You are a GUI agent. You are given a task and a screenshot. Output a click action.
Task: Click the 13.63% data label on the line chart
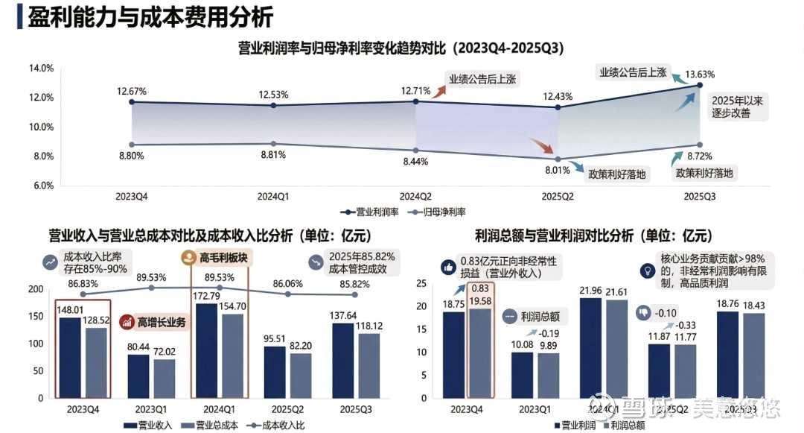(700, 75)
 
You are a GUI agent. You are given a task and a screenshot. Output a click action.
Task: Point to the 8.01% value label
(557, 170)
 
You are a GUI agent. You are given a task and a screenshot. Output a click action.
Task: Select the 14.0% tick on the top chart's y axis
(41, 69)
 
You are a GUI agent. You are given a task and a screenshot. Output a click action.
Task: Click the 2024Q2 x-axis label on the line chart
(416, 197)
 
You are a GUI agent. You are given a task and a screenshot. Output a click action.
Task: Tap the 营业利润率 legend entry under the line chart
(373, 212)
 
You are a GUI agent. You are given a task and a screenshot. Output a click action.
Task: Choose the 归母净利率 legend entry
(438, 212)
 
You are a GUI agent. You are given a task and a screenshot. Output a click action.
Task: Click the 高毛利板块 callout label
(217, 258)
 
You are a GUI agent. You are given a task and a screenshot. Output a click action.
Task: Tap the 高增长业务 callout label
(156, 323)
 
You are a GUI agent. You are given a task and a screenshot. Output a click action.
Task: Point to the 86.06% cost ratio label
(288, 284)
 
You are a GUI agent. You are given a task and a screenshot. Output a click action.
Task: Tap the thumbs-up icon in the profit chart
(449, 266)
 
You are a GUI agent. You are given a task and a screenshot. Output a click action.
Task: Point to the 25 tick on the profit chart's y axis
(421, 284)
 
